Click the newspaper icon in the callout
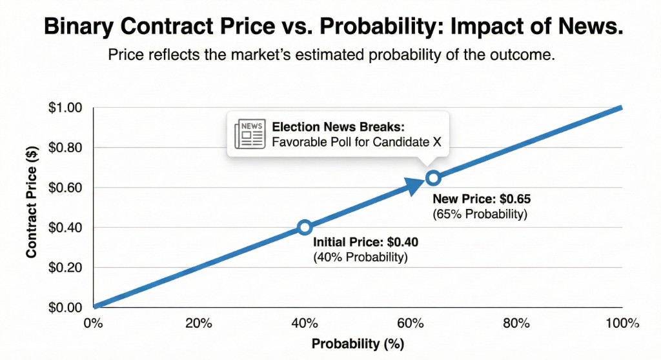tap(249, 134)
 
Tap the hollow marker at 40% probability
tap(305, 227)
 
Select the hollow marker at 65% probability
tap(433, 177)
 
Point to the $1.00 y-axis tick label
tap(66, 108)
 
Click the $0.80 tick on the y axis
tap(66, 148)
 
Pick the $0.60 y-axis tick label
tap(66, 188)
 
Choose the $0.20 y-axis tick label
tap(66, 267)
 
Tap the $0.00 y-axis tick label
tap(66, 307)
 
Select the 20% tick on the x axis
tap(198, 323)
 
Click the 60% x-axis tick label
tap(411, 323)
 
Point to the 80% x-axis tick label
tap(516, 323)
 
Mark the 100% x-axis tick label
tap(622, 323)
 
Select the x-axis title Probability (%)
tap(358, 343)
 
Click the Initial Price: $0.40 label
tap(365, 243)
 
